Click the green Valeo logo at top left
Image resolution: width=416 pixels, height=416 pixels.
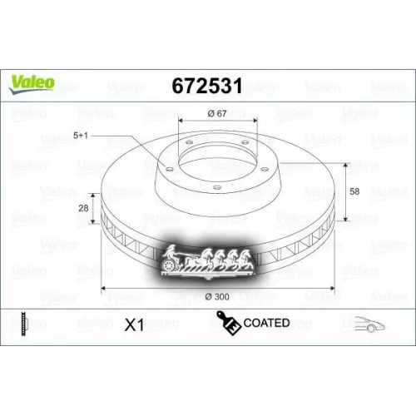32,81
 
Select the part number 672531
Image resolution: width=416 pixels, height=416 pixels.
207,84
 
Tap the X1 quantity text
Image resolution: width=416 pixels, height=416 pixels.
133,325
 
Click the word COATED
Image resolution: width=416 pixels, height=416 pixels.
267,323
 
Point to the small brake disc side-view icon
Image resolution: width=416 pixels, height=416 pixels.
26,324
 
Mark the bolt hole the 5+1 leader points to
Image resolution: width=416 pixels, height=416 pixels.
165,167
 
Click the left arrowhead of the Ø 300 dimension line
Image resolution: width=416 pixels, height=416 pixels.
103,288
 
